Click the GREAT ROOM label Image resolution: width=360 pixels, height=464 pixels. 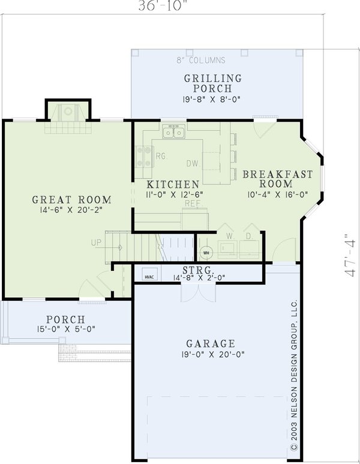coord(71,200)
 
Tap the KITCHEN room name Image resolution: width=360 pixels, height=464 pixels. coord(173,184)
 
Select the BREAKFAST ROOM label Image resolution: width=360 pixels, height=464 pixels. coord(277,180)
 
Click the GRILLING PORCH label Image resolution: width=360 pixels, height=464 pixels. coord(213,84)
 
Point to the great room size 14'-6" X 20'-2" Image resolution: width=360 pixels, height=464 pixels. coord(71,210)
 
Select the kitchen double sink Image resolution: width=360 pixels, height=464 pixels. coord(175,132)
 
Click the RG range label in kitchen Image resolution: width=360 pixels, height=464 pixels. coord(160,156)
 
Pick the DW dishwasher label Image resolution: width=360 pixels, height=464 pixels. coord(192,163)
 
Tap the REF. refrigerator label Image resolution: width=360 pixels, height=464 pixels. coord(192,204)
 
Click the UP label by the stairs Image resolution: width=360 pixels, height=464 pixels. coord(96,243)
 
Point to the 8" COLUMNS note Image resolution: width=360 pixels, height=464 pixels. coord(201,60)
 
